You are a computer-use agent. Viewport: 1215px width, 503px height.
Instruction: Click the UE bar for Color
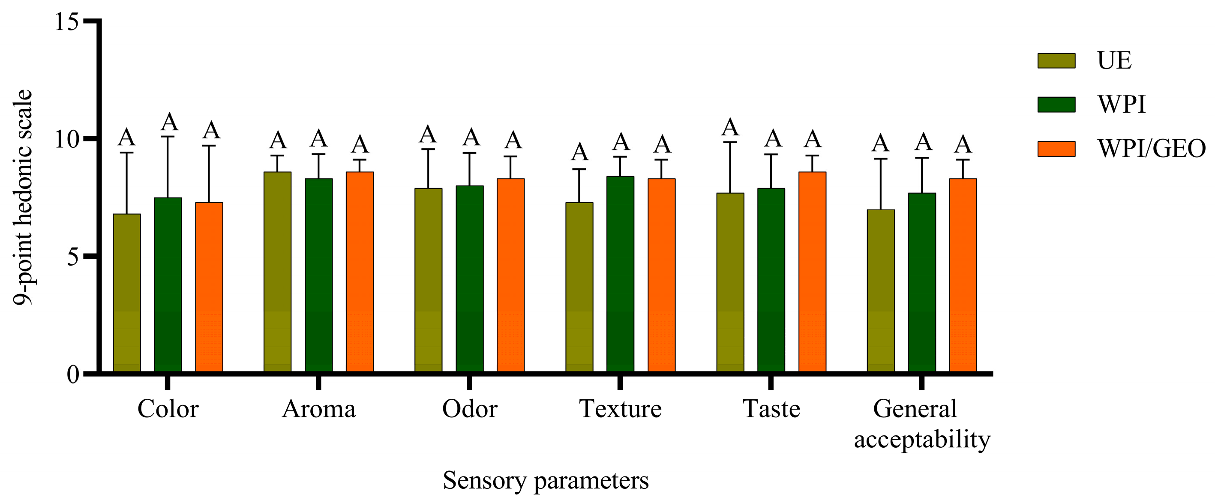tap(127, 292)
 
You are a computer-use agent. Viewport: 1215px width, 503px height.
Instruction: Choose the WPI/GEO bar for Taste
tap(812, 272)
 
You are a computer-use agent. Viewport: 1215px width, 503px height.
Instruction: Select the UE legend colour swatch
tap(1056, 61)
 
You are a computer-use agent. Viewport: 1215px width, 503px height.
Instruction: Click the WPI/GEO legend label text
tap(1151, 149)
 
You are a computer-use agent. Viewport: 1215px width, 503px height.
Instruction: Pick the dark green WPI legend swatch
tap(1056, 105)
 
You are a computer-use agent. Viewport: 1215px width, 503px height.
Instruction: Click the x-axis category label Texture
tap(620, 409)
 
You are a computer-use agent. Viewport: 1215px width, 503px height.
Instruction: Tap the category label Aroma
tap(318, 409)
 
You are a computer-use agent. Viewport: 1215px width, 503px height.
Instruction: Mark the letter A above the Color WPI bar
tap(169, 122)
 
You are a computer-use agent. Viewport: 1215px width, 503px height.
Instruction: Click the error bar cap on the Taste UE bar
tap(730, 142)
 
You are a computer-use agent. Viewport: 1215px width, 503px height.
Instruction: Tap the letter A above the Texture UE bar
tap(580, 152)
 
